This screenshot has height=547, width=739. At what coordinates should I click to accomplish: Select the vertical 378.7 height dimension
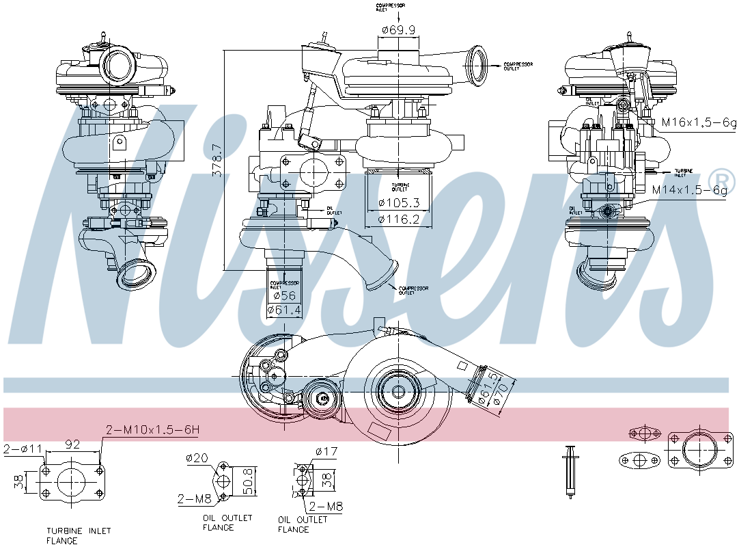point(217,161)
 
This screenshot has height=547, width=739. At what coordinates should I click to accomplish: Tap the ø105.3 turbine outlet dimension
point(398,203)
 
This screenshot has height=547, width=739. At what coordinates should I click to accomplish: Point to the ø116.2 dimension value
point(398,219)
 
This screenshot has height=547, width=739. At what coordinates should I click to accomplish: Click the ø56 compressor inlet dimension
point(284,296)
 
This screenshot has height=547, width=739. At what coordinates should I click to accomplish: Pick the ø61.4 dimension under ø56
point(284,310)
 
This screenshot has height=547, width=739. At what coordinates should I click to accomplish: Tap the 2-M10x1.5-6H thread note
point(152,430)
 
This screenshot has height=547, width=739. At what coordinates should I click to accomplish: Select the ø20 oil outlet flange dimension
point(197,458)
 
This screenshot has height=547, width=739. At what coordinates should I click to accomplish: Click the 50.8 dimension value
point(250,481)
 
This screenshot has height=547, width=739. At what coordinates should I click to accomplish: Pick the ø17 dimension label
point(327,451)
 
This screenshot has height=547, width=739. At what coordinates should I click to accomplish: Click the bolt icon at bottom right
point(569,471)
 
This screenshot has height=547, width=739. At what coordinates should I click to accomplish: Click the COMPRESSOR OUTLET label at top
point(518,66)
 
